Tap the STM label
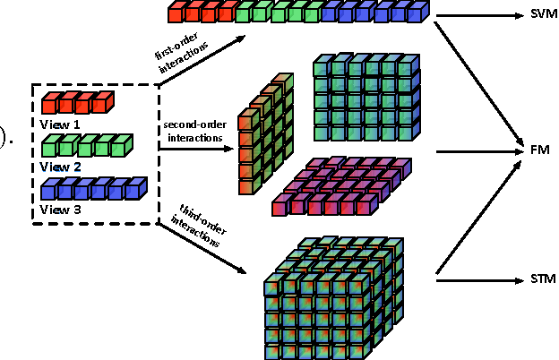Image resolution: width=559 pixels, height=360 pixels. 543,279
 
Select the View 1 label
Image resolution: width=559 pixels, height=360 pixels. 62,123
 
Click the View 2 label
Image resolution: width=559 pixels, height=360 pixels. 62,166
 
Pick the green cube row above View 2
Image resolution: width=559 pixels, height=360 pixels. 86,145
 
